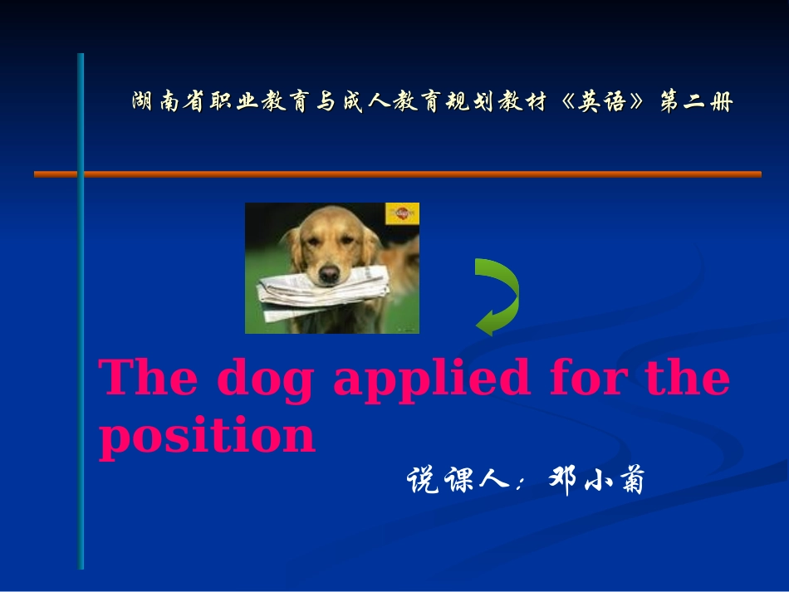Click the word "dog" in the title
click(265, 379)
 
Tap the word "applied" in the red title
click(431, 379)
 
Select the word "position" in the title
click(207, 435)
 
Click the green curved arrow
click(497, 296)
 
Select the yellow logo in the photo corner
click(402, 213)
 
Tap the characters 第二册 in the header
click(697, 103)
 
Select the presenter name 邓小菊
click(597, 481)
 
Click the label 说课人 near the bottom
click(457, 481)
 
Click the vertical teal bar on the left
click(81, 332)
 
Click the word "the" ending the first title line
click(688, 378)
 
